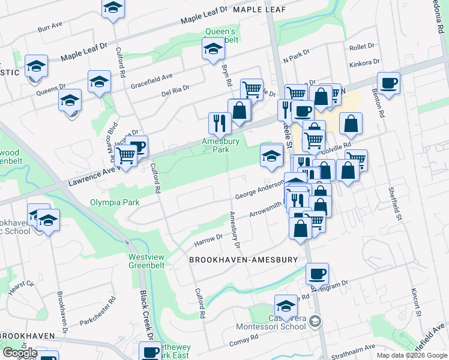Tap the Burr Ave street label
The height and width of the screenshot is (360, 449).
(50, 28)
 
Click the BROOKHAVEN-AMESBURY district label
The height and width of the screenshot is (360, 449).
(243, 260)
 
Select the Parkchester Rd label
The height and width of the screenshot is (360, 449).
(97, 311)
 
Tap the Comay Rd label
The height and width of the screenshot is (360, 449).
(243, 338)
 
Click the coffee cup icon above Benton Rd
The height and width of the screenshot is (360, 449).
(388, 83)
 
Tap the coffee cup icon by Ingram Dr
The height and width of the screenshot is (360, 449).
(317, 274)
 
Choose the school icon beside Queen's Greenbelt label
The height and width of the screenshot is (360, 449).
(212, 49)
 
